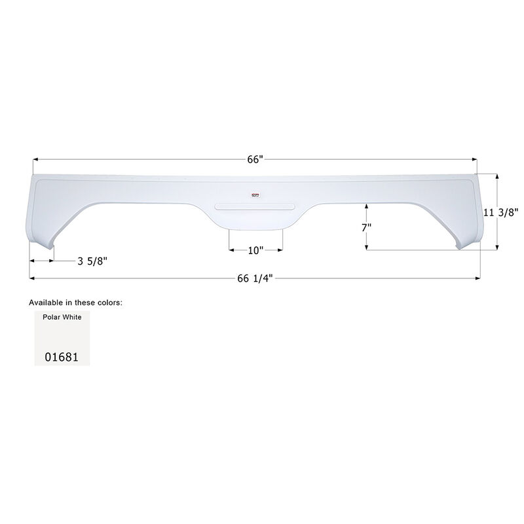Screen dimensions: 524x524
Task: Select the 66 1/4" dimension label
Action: pyautogui.click(x=255, y=278)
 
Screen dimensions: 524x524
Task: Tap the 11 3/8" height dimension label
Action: pyautogui.click(x=501, y=212)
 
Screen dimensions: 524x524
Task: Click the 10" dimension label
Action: pyautogui.click(x=255, y=250)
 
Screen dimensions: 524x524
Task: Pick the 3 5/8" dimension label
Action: pyautogui.click(x=92, y=261)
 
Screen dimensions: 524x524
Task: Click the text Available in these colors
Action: pyautogui.click(x=75, y=303)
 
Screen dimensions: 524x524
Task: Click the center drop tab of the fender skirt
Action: pyautogui.click(x=255, y=221)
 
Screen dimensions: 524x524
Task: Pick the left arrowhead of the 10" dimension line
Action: pyautogui.click(x=231, y=250)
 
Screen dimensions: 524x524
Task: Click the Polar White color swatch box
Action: pyautogui.click(x=62, y=338)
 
